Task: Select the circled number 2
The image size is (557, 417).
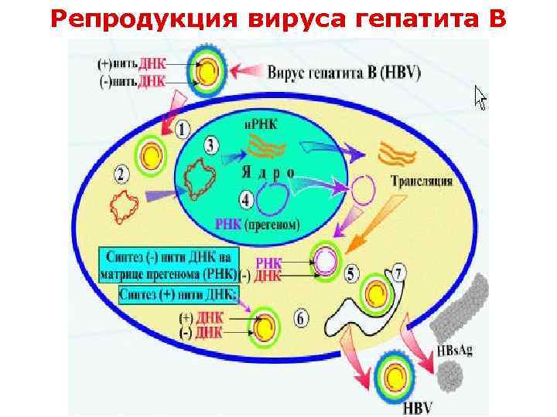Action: coord(121,173)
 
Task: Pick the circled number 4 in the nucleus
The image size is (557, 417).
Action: coord(247,200)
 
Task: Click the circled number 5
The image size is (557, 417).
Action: coord(352,273)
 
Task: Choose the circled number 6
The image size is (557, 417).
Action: coord(302,317)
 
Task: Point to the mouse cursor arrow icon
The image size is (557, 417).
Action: coord(480,98)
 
